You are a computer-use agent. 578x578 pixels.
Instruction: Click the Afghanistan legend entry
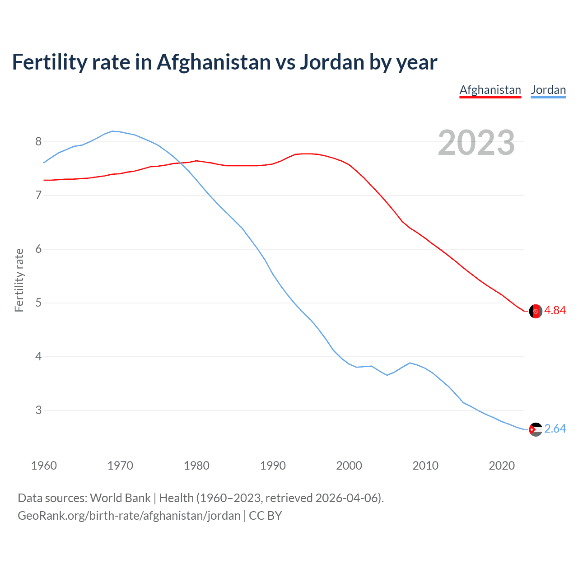490,90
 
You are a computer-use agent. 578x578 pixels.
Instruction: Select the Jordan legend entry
548,90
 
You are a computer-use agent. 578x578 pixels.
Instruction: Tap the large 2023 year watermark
476,143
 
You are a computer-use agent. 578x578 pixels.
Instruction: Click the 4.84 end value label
555,311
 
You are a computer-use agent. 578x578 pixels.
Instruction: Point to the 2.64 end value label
555,429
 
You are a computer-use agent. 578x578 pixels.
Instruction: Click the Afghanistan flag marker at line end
536,311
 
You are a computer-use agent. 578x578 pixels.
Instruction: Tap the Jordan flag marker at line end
536,429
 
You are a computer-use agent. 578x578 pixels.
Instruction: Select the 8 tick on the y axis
38,142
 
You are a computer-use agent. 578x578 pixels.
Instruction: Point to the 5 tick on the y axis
38,303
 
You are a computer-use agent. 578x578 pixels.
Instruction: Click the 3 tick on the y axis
38,410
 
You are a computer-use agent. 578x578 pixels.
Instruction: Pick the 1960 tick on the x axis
44,466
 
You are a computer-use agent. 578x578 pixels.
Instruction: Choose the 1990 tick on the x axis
273,466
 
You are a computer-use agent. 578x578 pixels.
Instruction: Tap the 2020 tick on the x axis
502,466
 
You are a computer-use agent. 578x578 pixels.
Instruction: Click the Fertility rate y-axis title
19,280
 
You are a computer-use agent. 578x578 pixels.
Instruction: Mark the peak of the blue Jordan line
112,131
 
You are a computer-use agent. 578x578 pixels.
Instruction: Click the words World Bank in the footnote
120,498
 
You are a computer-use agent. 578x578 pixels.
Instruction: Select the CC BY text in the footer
266,516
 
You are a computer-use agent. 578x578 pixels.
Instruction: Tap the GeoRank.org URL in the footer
129,516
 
